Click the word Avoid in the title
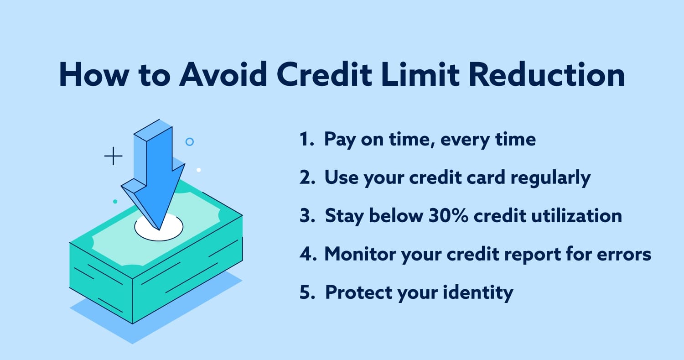pos(223,74)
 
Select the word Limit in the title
pos(420,74)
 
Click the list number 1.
pos(306,139)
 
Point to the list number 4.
pos(308,254)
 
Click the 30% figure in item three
pos(448,215)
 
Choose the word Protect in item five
pos(359,292)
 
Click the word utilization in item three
pos(576,215)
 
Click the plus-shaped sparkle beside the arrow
pos(113,156)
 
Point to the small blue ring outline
pos(190,141)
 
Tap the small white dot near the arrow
pos(198,170)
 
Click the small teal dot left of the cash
pos(115,201)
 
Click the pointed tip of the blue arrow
pos(159,230)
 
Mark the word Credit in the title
pos(324,74)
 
